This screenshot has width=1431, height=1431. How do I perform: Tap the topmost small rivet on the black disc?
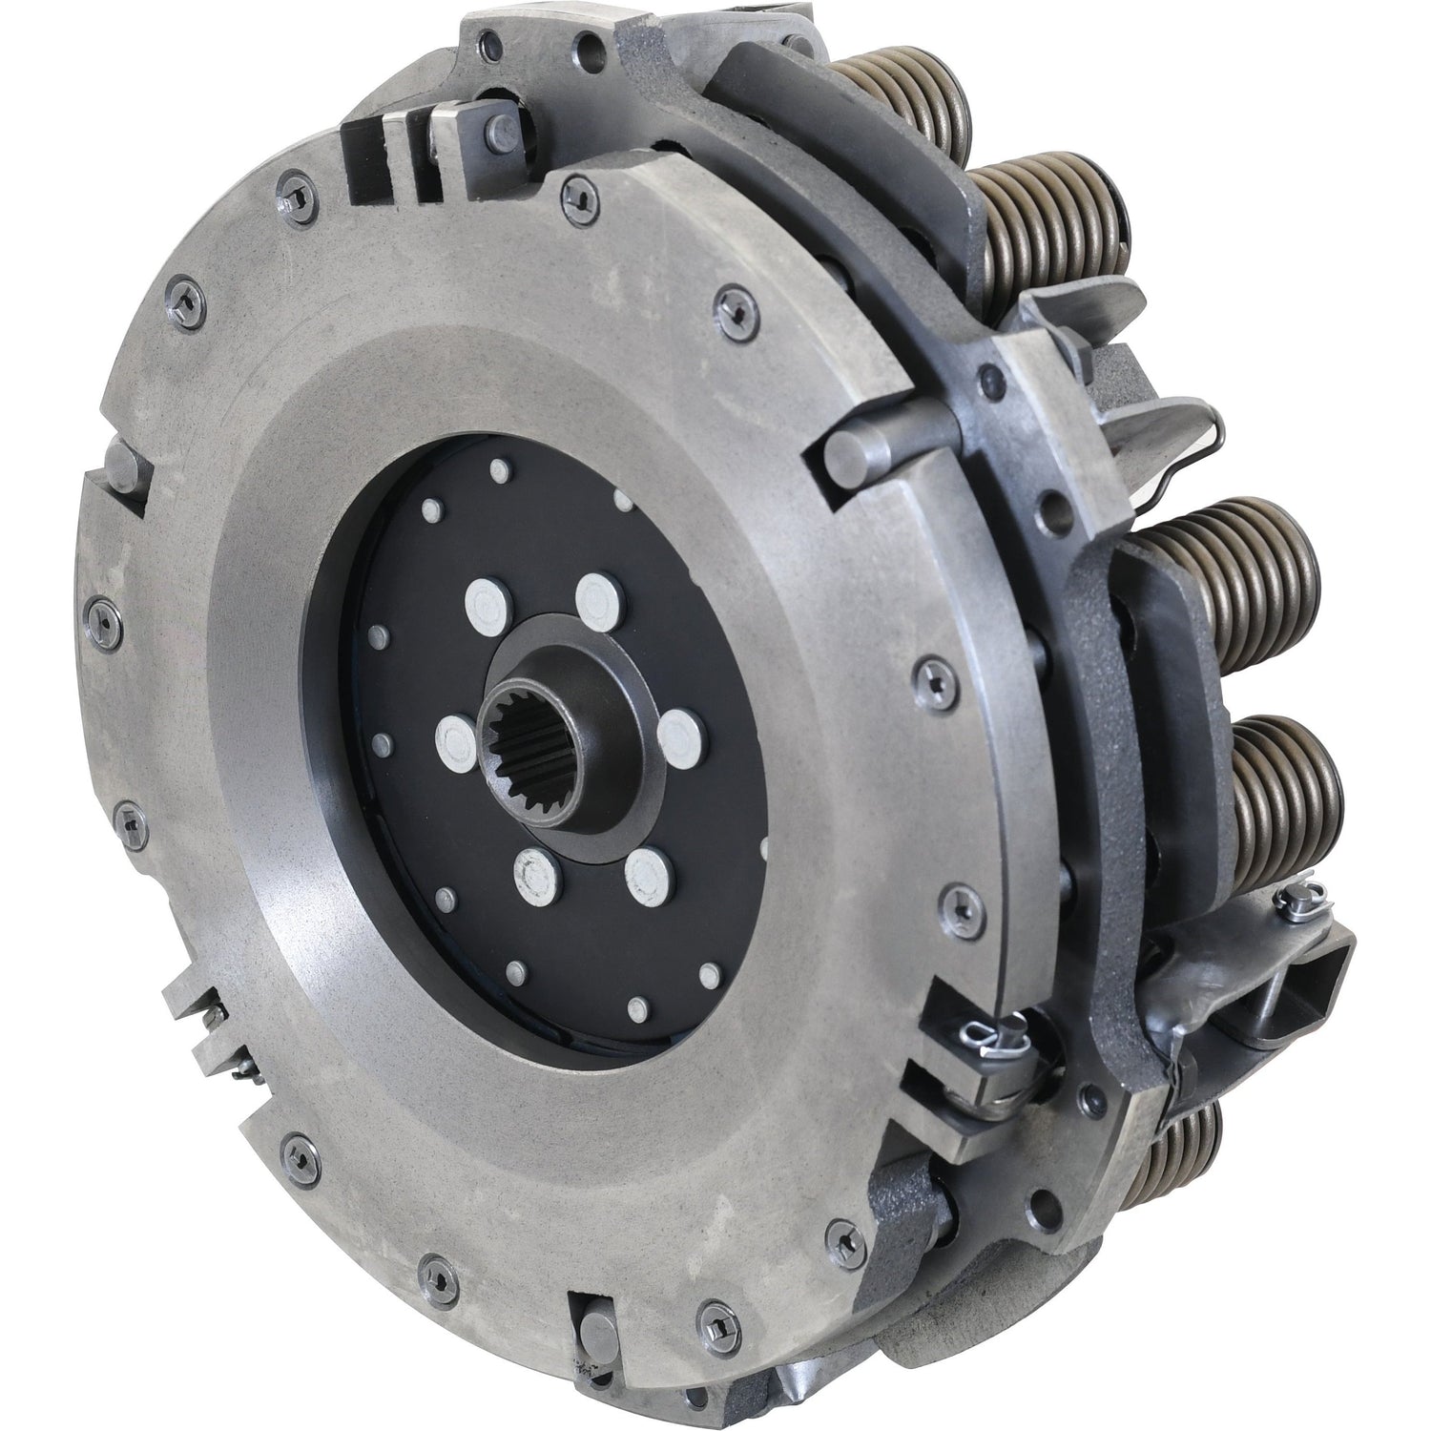498,468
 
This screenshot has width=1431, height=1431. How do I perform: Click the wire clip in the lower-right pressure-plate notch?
984,1010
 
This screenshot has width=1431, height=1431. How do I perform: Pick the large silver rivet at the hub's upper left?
486,600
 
